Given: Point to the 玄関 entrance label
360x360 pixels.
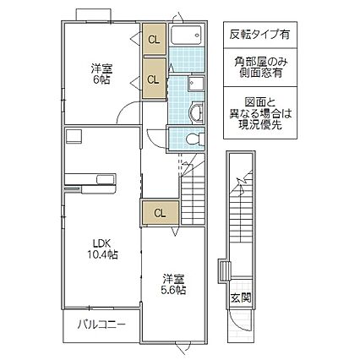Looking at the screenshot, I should point(239,297).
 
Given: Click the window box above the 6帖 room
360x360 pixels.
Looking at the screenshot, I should point(93,14).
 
